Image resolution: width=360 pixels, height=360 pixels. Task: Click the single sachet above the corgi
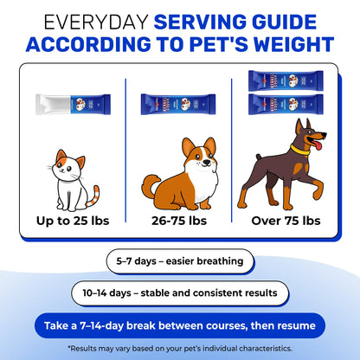coord(177,104)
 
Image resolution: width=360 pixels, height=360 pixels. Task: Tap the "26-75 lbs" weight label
coord(177,221)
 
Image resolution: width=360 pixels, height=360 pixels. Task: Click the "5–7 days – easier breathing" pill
coord(179,260)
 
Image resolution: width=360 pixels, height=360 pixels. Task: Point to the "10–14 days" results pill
coord(179,293)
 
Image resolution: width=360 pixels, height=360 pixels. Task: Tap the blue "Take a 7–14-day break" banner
coord(179,326)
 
